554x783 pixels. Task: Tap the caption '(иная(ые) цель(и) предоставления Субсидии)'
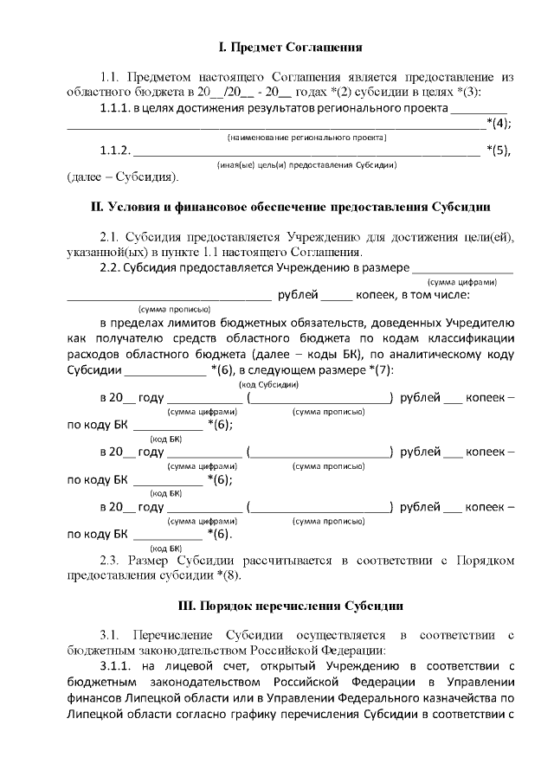[x=306, y=164]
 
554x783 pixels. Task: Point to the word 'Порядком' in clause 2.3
[x=485, y=560]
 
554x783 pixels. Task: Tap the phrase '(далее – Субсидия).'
[x=122, y=178]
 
